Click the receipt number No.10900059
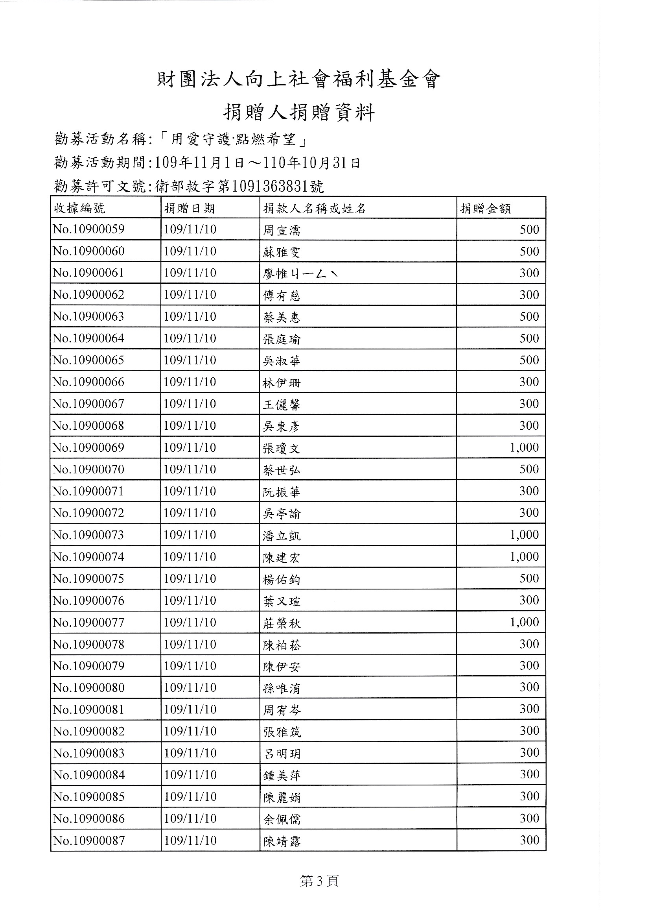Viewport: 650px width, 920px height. pyautogui.click(x=88, y=229)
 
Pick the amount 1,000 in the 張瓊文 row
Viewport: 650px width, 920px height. pyautogui.click(x=524, y=447)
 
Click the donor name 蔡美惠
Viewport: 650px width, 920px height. pyautogui.click(x=281, y=317)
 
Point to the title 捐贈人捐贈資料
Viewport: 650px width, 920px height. pyautogui.click(x=299, y=113)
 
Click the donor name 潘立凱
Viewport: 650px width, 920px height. pyautogui.click(x=281, y=536)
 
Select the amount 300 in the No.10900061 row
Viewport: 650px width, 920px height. pyautogui.click(x=528, y=273)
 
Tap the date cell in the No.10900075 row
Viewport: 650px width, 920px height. pyautogui.click(x=190, y=578)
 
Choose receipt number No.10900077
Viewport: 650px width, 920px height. pyautogui.click(x=88, y=622)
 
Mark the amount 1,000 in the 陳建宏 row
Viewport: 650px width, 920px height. pyautogui.click(x=524, y=556)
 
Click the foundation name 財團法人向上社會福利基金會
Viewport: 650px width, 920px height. pyautogui.click(x=298, y=80)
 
